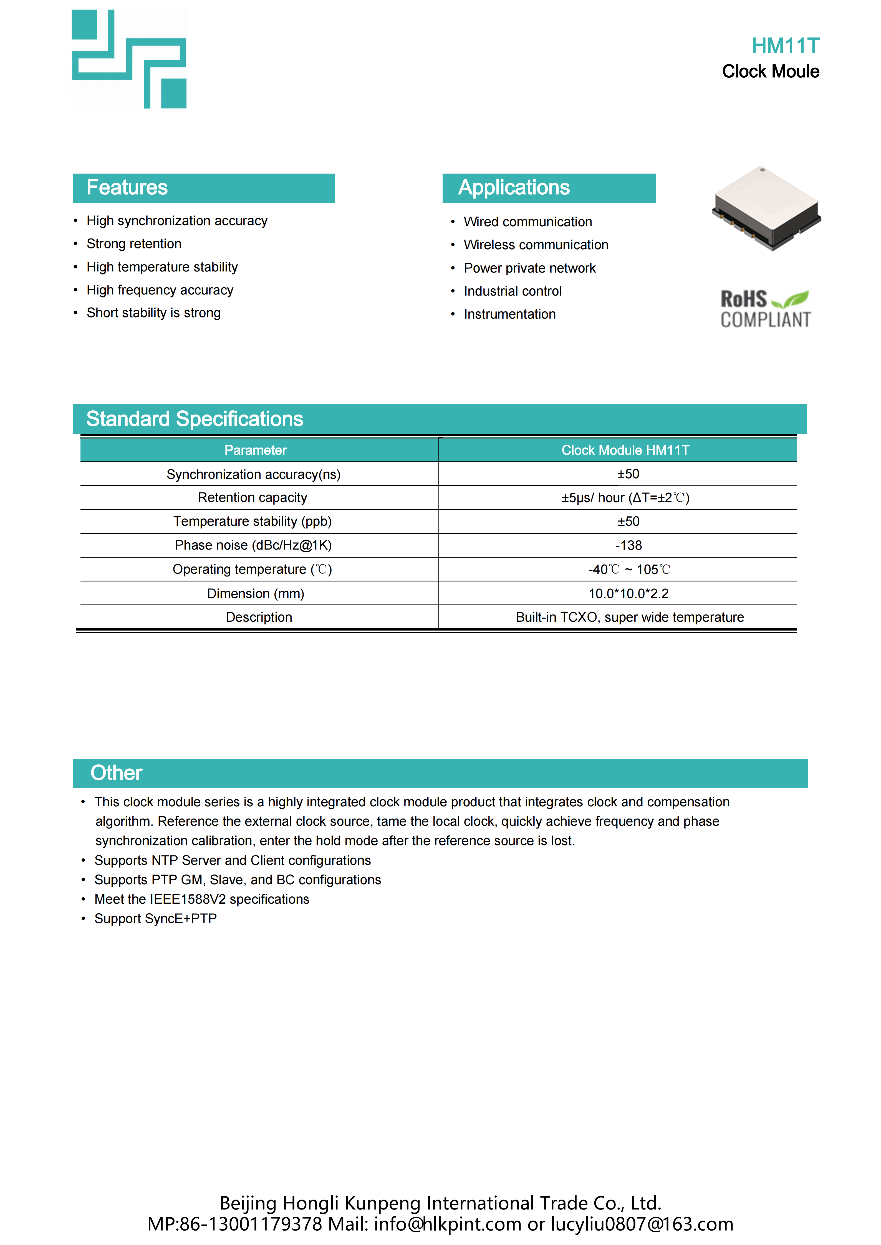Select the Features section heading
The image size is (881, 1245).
pyautogui.click(x=127, y=188)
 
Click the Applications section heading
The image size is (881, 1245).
pyautogui.click(x=514, y=188)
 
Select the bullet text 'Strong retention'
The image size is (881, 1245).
pyautogui.click(x=134, y=244)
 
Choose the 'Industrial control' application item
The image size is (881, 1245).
pyautogui.click(x=513, y=291)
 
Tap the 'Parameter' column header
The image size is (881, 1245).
pyautogui.click(x=256, y=450)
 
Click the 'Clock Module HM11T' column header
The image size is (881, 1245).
pyautogui.click(x=625, y=450)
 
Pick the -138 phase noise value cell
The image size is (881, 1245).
pyautogui.click(x=628, y=545)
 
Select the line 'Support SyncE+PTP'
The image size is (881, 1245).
pyautogui.click(x=156, y=919)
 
